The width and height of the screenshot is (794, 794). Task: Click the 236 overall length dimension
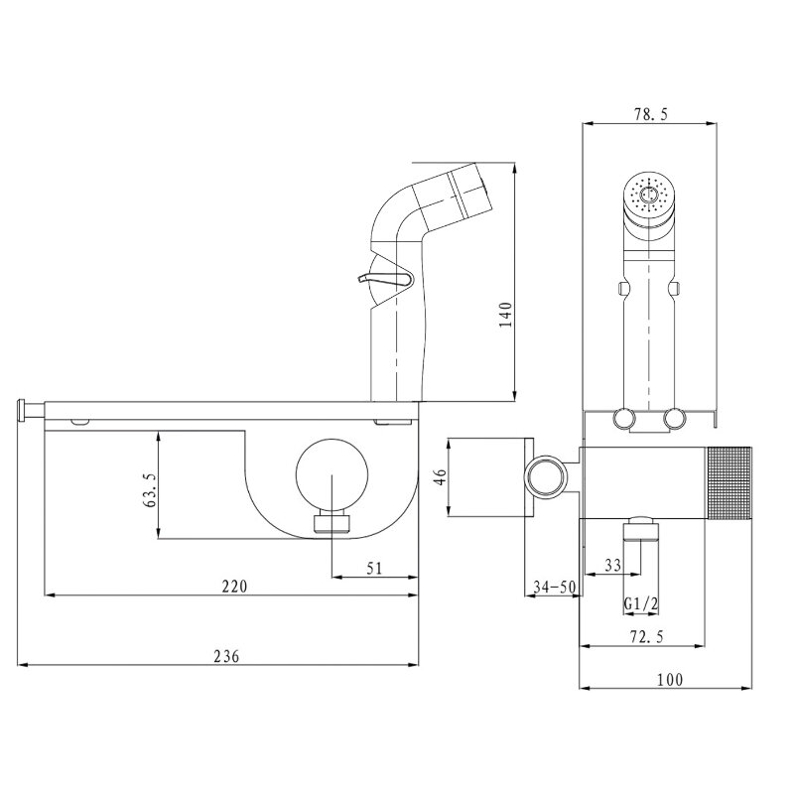pyautogui.click(x=226, y=656)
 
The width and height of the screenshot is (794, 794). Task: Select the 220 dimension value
pyautogui.click(x=235, y=587)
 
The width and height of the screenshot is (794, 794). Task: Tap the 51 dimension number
pyautogui.click(x=374, y=568)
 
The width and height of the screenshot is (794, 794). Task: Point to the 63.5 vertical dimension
pyautogui.click(x=151, y=489)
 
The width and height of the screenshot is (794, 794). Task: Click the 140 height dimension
pyautogui.click(x=506, y=315)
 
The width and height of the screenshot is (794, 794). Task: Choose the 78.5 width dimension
pyautogui.click(x=651, y=114)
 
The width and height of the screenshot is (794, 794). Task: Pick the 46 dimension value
pyautogui.click(x=441, y=477)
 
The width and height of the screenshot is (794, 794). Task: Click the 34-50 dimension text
pyautogui.click(x=555, y=587)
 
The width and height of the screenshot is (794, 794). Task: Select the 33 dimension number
pyautogui.click(x=612, y=565)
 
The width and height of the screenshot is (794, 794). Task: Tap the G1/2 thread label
pyautogui.click(x=640, y=603)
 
